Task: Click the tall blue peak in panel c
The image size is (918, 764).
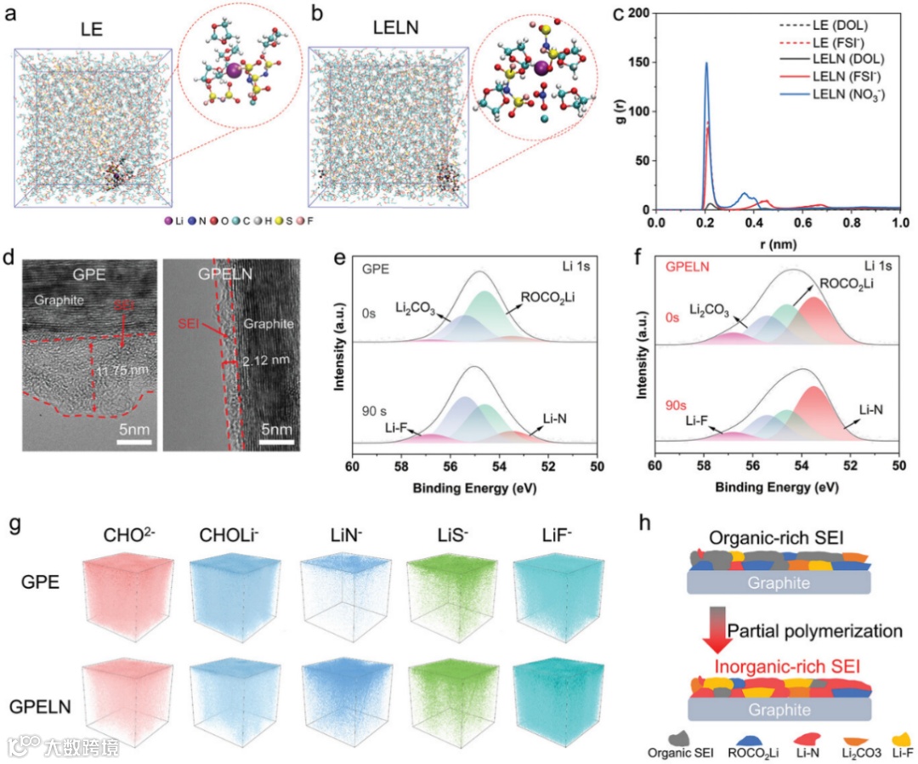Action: coord(705,65)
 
